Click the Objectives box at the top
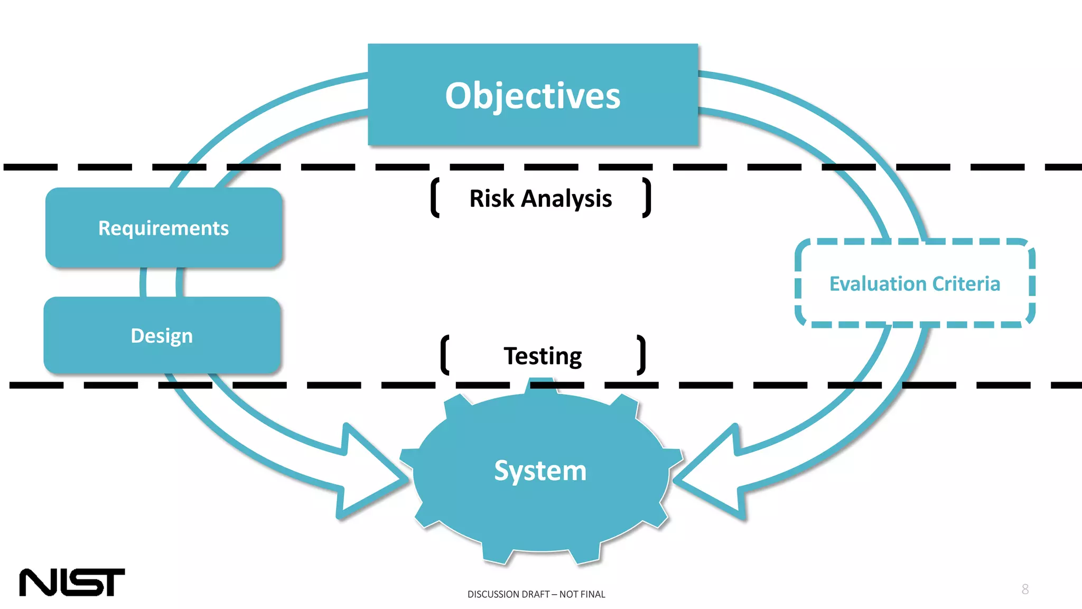(x=533, y=95)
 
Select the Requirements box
(x=164, y=228)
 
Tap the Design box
(x=162, y=336)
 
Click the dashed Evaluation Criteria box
(x=915, y=284)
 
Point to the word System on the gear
(x=540, y=470)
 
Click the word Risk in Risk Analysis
(x=491, y=199)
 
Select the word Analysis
(x=566, y=199)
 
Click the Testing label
(x=543, y=356)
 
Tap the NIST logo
(x=72, y=582)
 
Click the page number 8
(x=1025, y=589)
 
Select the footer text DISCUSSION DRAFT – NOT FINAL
(x=536, y=594)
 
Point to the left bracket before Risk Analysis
(x=435, y=198)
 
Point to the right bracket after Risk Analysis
(x=647, y=198)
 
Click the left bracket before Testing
(x=445, y=355)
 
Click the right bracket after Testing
(x=641, y=355)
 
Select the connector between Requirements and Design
(x=162, y=283)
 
